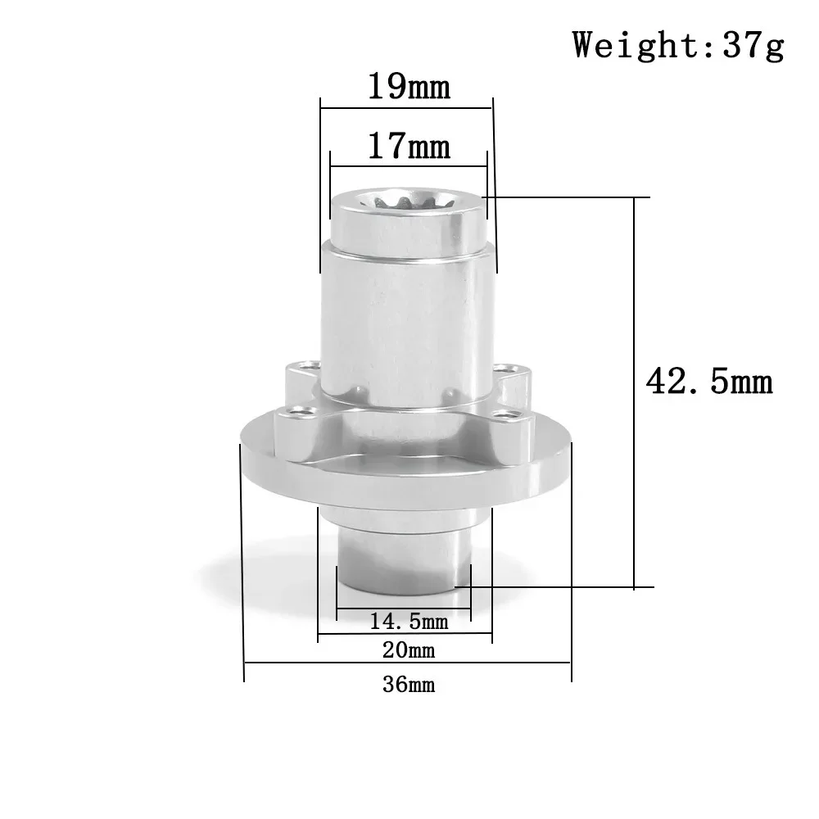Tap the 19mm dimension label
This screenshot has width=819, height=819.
coord(409,86)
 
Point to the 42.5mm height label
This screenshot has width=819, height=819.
coord(709,382)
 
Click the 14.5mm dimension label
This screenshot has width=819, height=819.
coord(409,622)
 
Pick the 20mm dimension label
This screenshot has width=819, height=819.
coord(408,651)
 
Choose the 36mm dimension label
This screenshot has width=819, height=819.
coord(408,685)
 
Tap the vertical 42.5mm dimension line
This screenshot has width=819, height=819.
coord(635,393)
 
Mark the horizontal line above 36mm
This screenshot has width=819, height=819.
coord(408,663)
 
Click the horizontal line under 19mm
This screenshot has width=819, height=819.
coord(407,104)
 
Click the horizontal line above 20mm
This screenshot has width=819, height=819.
coord(405,635)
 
